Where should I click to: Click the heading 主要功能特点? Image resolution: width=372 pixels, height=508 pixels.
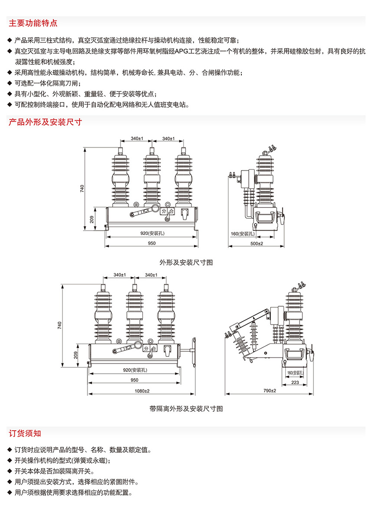(x=33, y=23)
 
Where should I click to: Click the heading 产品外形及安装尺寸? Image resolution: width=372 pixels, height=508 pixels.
(x=45, y=122)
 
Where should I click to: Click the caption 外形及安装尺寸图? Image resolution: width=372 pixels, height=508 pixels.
(x=186, y=262)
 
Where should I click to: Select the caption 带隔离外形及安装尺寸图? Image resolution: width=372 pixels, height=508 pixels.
(x=186, y=409)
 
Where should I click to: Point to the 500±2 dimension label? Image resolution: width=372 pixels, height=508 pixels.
(x=256, y=243)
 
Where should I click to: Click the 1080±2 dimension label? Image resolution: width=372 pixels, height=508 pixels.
(x=140, y=391)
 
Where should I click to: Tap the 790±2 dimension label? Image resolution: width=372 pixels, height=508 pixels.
(x=269, y=391)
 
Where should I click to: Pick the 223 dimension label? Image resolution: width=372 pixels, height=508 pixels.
(x=295, y=382)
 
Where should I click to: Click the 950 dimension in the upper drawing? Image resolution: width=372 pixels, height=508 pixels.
(x=151, y=243)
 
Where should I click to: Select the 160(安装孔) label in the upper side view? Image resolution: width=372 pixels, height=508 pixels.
(x=242, y=234)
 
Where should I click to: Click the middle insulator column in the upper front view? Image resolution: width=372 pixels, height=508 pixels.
(x=151, y=178)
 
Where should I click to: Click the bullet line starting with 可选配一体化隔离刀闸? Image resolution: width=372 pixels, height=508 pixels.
(x=48, y=83)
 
